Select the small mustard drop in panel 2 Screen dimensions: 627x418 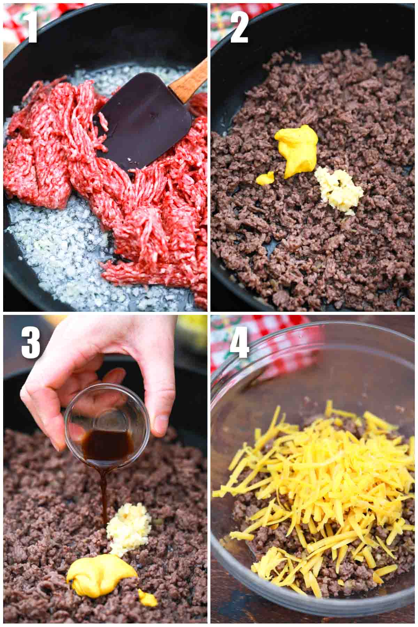point(265,179)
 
